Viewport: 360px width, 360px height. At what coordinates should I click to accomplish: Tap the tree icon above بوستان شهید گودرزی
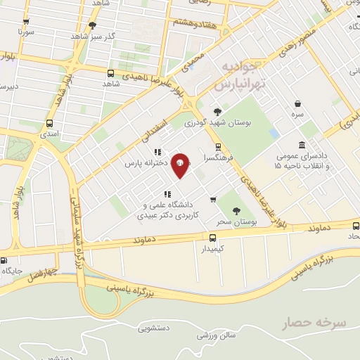pos(217,111)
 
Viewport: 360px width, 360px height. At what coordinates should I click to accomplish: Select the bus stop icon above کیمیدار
pos(213,238)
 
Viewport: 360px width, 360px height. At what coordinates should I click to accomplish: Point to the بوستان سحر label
pos(234,221)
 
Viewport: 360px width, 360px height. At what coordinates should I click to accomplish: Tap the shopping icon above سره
pos(298,103)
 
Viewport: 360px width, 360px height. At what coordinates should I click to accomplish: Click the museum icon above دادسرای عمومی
pos(302,145)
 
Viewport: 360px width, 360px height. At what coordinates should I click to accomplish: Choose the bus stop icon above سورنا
pos(26,22)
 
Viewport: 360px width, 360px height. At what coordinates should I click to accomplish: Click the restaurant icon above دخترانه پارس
pos(157,152)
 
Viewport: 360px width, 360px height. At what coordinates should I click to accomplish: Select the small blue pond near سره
pos(274,132)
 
